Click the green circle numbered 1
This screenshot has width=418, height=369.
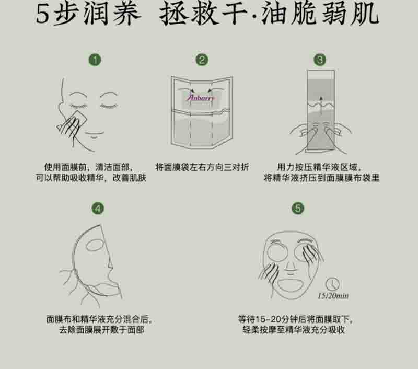coord(95,60)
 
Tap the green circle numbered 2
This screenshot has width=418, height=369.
coord(202,60)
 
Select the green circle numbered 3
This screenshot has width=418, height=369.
coord(320,60)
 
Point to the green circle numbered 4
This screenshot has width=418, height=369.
coord(98,208)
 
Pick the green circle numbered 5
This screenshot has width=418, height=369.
coord(298,208)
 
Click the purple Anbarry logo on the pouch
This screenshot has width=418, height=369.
coord(201,98)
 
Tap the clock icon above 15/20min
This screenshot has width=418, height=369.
coord(332,284)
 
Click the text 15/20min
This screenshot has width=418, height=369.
coord(333,296)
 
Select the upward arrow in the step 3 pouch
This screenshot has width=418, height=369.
coord(321,106)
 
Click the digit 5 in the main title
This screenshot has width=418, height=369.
coord(43,14)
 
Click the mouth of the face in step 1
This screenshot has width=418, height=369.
coord(94,133)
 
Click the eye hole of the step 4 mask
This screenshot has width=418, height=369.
coord(95,245)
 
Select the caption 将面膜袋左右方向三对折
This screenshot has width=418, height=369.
coord(202,167)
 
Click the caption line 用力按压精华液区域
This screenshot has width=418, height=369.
coord(319,167)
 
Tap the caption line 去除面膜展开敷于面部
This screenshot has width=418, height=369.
coord(101,330)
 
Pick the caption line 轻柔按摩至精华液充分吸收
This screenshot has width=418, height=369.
coord(294,330)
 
